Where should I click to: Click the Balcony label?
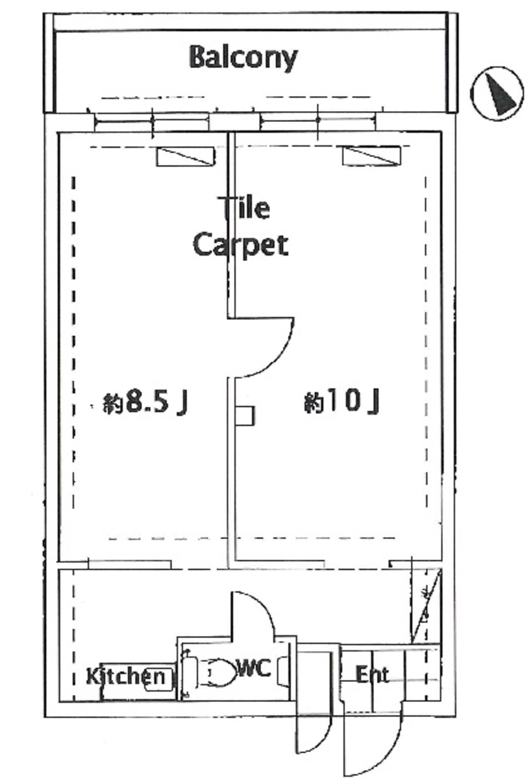coord(243,58)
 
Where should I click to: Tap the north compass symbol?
coord(497,93)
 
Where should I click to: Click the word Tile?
coord(244,208)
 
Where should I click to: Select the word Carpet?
coord(241,245)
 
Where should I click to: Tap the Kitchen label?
coord(125,675)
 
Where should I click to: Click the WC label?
coord(254,668)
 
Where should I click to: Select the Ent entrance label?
coord(372,675)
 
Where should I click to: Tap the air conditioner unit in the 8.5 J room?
coord(186,156)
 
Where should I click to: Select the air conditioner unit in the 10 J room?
coord(371,156)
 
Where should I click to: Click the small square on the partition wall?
coord(245,416)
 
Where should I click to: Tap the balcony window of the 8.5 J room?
coord(151,121)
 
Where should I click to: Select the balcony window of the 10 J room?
coord(318,121)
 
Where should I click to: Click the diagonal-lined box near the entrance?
coord(426,605)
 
